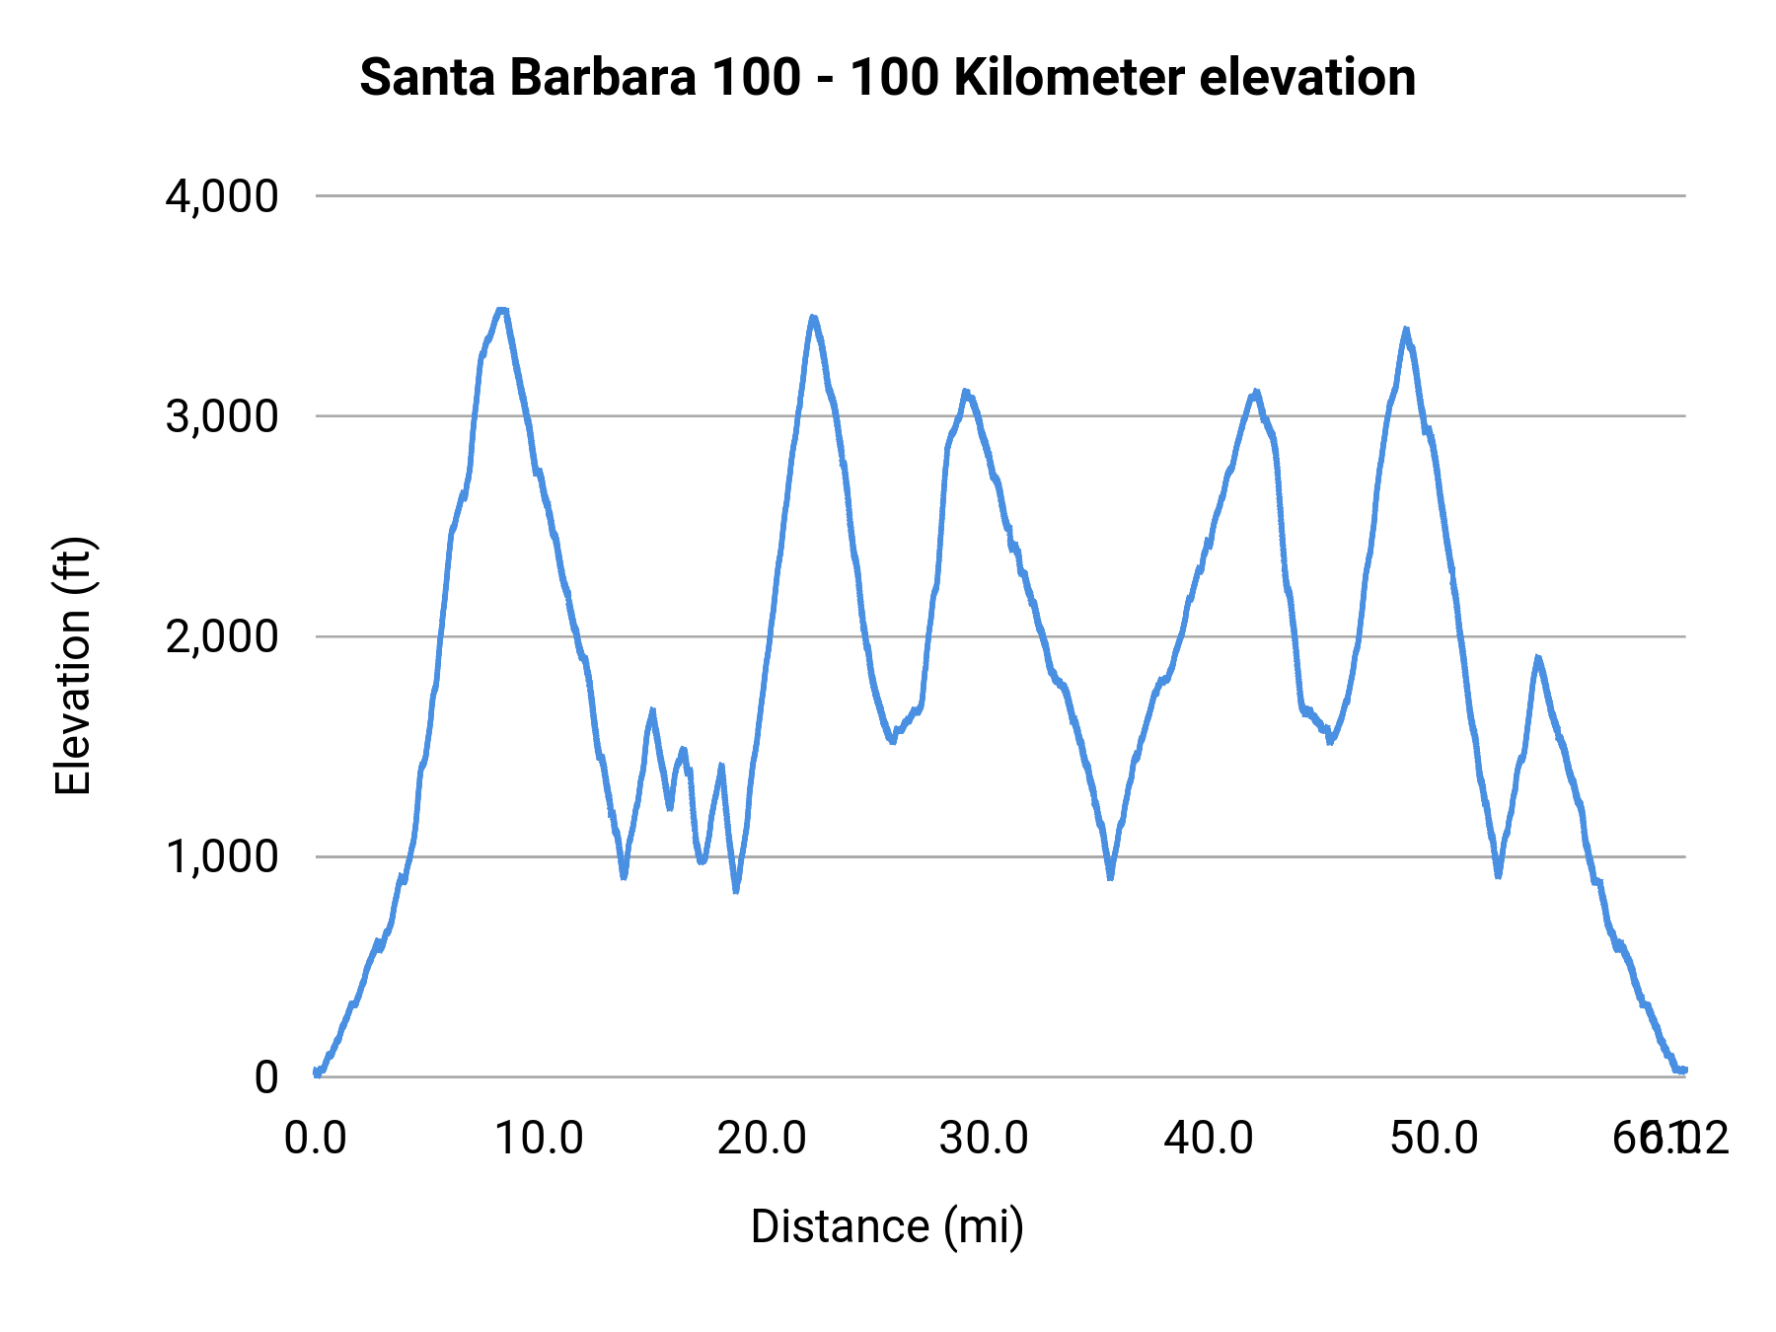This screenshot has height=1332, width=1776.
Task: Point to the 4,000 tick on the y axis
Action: [222, 196]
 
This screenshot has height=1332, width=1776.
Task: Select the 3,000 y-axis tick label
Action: [222, 416]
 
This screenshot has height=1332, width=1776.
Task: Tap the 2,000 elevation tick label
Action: [222, 636]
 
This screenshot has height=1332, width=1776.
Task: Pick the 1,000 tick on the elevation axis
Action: [222, 856]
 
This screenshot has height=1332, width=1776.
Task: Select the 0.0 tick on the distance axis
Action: [316, 1139]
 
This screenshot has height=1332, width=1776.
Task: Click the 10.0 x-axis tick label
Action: [539, 1139]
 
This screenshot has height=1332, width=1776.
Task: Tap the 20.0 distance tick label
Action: [762, 1139]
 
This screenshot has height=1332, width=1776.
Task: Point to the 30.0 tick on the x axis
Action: [985, 1139]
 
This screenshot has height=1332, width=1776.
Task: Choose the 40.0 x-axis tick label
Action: [1209, 1139]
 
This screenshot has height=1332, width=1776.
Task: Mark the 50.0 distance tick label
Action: [1434, 1139]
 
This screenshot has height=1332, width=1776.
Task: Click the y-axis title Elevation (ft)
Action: [73, 666]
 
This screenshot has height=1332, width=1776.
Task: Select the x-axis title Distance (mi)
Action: [887, 1226]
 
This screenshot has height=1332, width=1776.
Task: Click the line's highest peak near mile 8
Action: [501, 311]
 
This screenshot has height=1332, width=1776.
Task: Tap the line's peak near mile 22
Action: [813, 318]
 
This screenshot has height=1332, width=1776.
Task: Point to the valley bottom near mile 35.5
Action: [1111, 876]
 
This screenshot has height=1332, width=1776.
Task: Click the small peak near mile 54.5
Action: [1537, 658]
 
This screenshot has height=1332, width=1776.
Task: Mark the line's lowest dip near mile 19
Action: [736, 890]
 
